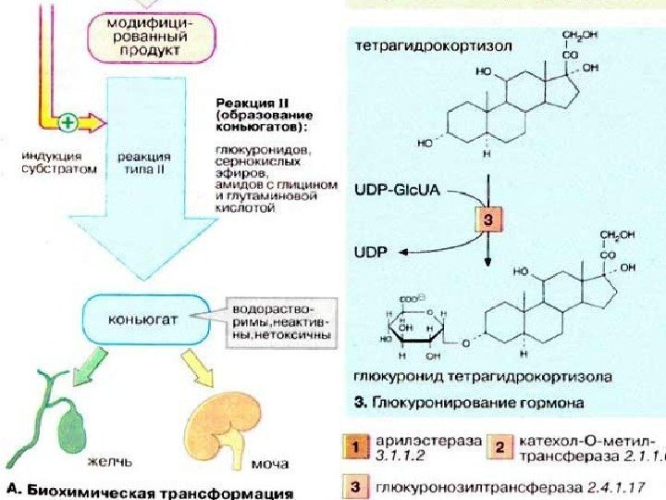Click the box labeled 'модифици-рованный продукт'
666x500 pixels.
coord(153,35)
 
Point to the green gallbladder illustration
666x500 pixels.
coord(70,425)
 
